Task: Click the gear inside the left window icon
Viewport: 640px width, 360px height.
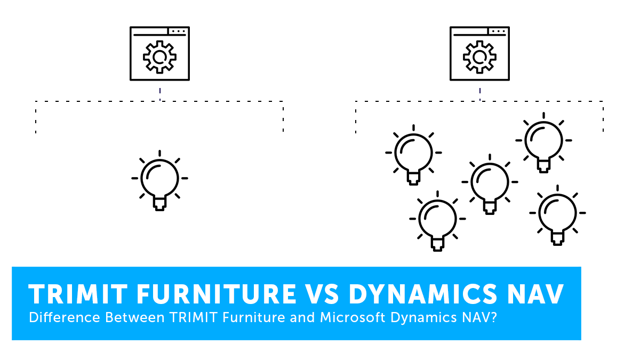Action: pyautogui.click(x=159, y=46)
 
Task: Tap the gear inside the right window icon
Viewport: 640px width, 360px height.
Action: pyautogui.click(x=479, y=46)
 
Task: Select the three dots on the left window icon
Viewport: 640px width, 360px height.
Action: pyautogui.click(x=179, y=31)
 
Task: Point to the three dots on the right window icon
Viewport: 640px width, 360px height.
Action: pyautogui.click(x=499, y=31)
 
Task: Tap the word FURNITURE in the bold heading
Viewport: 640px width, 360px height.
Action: pyautogui.click(x=217, y=294)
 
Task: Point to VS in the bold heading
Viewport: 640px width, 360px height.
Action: pyautogui.click(x=322, y=294)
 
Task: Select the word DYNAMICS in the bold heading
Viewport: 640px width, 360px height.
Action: pyautogui.click(x=423, y=294)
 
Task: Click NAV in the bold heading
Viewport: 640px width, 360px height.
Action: pyautogui.click(x=535, y=294)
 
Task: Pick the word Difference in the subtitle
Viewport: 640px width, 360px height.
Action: pyautogui.click(x=65, y=317)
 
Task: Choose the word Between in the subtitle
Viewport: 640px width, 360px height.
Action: pyautogui.click(x=135, y=317)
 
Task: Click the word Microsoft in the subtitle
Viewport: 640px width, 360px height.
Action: pyautogui.click(x=353, y=317)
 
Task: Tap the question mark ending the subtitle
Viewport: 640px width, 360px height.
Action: pyautogui.click(x=493, y=317)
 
